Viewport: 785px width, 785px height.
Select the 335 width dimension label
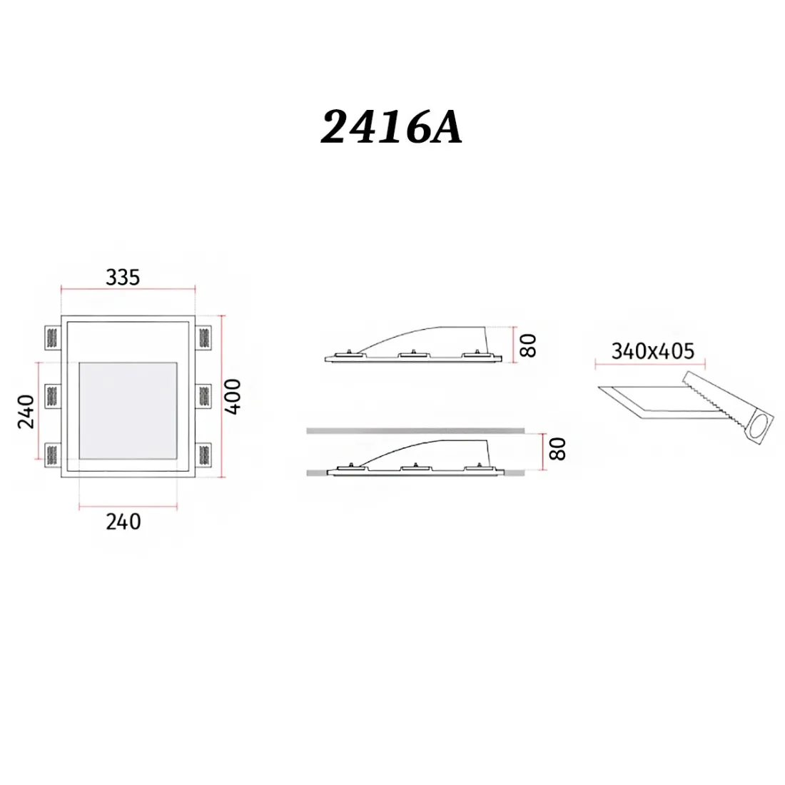[x=123, y=277]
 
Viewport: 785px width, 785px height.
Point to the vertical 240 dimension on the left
[x=25, y=411]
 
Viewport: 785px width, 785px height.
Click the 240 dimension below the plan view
[x=123, y=522]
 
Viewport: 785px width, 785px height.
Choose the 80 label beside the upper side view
[x=527, y=345]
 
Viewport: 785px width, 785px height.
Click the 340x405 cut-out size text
[x=652, y=350]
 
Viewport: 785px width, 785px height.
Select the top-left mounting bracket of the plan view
[x=53, y=335]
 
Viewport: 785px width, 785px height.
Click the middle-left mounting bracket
[x=53, y=395]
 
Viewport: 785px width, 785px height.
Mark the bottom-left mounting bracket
[x=53, y=454]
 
